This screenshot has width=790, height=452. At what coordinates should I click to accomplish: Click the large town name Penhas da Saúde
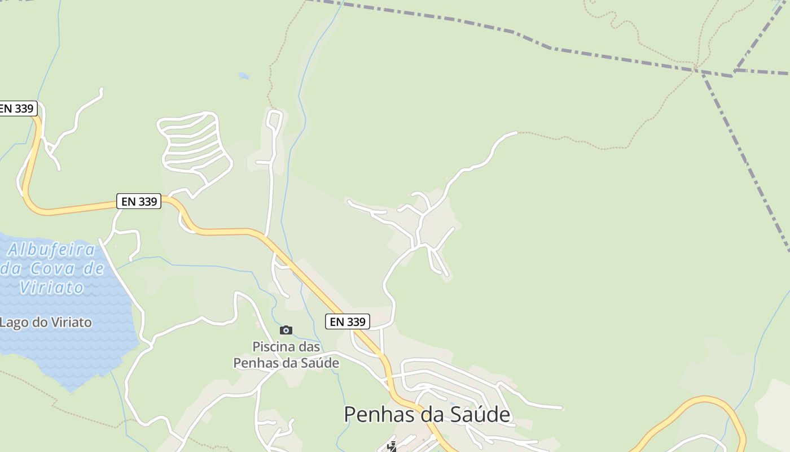click(x=427, y=415)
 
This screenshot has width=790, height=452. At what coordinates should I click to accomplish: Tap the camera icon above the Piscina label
click(x=286, y=330)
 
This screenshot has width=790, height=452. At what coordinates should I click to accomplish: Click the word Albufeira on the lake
click(x=51, y=249)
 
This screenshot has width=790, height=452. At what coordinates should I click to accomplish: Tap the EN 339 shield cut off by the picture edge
click(x=17, y=108)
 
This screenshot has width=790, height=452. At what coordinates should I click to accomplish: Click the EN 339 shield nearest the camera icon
click(x=348, y=321)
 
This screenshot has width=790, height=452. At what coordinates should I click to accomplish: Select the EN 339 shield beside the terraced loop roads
click(x=139, y=201)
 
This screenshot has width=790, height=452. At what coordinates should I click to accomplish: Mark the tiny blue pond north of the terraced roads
click(x=244, y=75)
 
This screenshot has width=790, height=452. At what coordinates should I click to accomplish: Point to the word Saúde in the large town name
click(x=480, y=415)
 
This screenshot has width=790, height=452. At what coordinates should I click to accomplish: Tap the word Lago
click(x=13, y=323)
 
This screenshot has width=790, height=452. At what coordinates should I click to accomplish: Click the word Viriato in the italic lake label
click(x=51, y=287)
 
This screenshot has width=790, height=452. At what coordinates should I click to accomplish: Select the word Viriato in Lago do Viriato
click(x=71, y=323)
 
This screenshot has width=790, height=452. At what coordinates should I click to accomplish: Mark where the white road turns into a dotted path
click(x=517, y=133)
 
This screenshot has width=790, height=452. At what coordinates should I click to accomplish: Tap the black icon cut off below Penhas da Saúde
click(x=392, y=447)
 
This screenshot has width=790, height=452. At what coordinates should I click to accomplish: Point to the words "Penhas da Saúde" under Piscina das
click(x=286, y=363)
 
